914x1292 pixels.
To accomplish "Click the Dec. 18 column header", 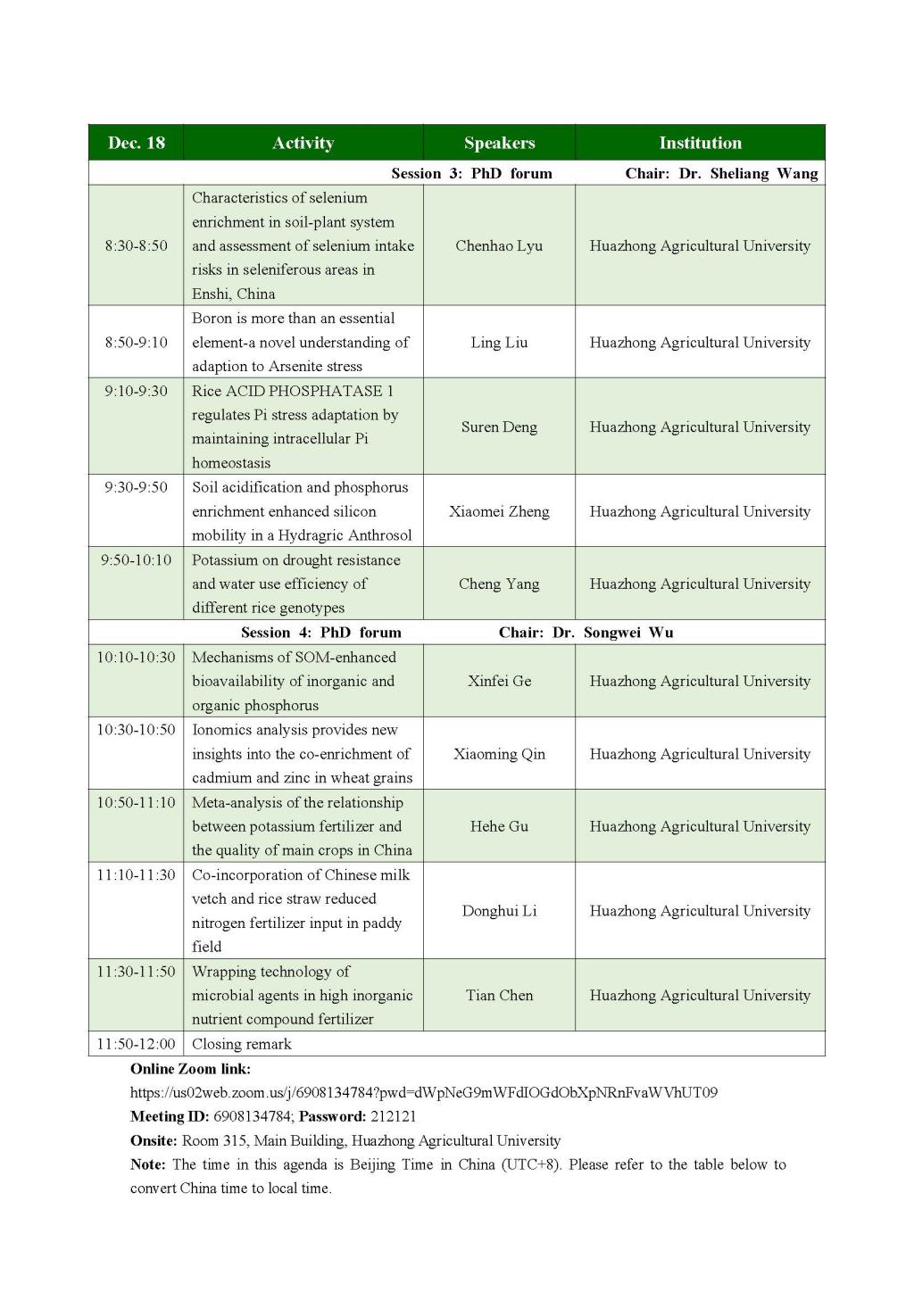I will pyautogui.click(x=136, y=143).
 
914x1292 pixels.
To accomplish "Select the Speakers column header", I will pyautogui.click(x=499, y=143).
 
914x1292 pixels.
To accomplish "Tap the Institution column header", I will pyautogui.click(x=700, y=143).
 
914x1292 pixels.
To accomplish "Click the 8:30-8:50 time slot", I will pyautogui.click(x=136, y=245).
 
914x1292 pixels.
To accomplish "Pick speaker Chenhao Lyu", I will pyautogui.click(x=499, y=245).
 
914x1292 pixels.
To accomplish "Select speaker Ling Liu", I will pyautogui.click(x=499, y=343).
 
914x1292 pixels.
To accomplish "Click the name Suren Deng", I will pyautogui.click(x=499, y=427).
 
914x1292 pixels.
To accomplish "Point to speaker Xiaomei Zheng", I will pyautogui.click(x=499, y=511).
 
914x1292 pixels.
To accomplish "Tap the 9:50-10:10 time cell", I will pyautogui.click(x=136, y=560).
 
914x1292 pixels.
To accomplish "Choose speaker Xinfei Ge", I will pyautogui.click(x=499, y=681).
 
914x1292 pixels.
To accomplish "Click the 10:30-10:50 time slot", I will pyautogui.click(x=136, y=730).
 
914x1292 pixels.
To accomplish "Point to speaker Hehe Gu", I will pyautogui.click(x=499, y=826).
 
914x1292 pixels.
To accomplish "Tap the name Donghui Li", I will pyautogui.click(x=499, y=911).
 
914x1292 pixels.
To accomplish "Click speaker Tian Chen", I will pyautogui.click(x=499, y=996).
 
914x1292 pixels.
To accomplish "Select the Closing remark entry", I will pyautogui.click(x=242, y=1044).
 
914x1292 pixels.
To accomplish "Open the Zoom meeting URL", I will pyautogui.click(x=424, y=1092).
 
